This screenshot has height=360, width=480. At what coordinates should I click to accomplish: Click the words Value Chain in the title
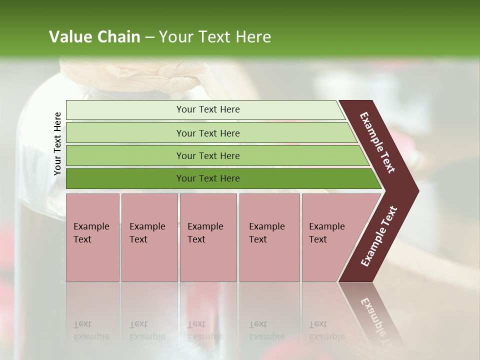pos(94,36)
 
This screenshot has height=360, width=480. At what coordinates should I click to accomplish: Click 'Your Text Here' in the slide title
pos(215,36)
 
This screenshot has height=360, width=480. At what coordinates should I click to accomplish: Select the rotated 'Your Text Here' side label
pos(57,143)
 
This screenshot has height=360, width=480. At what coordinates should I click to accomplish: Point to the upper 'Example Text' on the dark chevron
pos(377,142)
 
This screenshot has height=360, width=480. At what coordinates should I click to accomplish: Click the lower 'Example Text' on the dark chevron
pos(378,236)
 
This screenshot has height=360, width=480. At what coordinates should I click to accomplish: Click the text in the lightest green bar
pos(208,109)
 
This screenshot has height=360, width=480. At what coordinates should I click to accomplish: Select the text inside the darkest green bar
pos(208,178)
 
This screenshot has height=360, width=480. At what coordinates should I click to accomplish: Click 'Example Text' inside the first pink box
pos(91,232)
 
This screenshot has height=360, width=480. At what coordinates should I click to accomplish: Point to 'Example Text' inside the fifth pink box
pos(326,232)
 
